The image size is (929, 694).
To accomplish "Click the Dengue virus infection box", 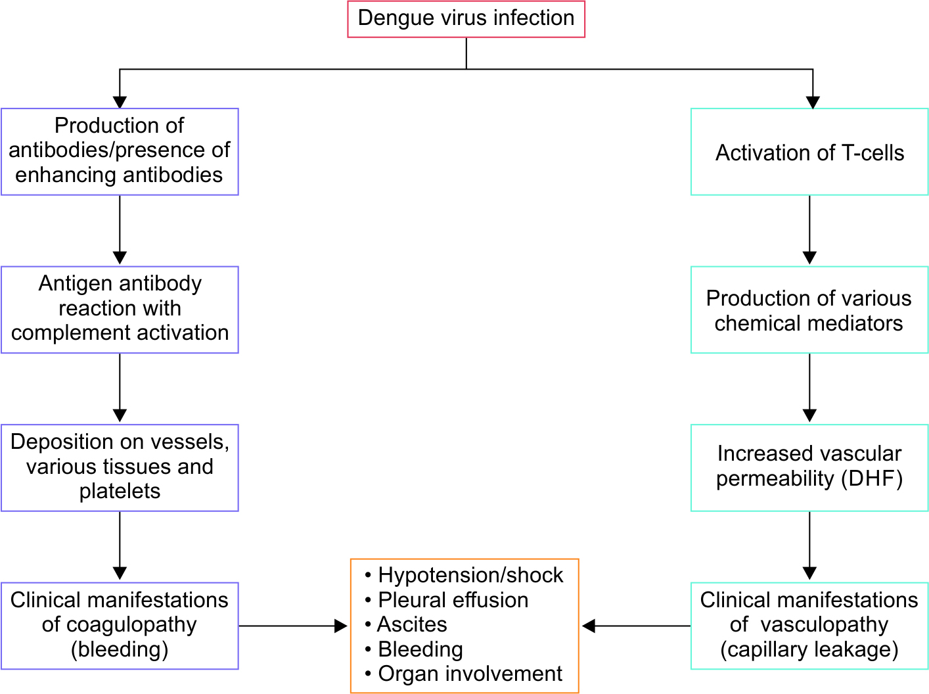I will pos(466,19).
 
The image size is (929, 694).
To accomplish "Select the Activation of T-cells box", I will pos(809,152).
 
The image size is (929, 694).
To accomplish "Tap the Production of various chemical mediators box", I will pos(809,310).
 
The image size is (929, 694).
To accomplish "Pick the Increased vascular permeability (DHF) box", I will pos(809,467).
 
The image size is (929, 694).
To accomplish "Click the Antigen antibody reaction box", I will pos(120,309).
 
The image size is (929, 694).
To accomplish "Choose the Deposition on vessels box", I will pos(120,467).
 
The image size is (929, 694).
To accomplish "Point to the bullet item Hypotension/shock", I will pos(470,576).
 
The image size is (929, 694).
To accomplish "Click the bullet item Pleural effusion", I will pos(453,600).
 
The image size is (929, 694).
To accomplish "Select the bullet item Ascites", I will pos(411,624).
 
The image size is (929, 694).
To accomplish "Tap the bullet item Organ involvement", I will pos(470,674).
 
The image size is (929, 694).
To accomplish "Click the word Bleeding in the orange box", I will pos(420,649).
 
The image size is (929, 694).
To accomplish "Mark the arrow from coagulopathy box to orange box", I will pos(292,626).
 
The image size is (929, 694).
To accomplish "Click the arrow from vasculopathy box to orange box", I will pos(636,626).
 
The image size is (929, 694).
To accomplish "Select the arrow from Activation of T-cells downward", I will pos(809,230).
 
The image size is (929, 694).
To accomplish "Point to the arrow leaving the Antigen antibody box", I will pos(120,388).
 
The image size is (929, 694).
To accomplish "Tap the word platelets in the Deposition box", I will pos(120,492).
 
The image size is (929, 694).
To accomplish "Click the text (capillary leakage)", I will pos(809,650).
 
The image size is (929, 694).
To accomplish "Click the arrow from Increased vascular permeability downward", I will pos(809,545).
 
